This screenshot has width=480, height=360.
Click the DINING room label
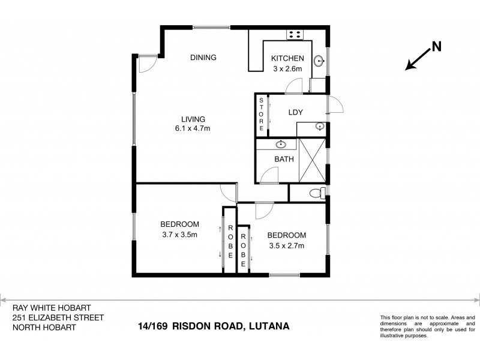click(x=203, y=58)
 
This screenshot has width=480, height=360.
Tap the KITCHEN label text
click(x=288, y=58)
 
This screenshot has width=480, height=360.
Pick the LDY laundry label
click(x=295, y=112)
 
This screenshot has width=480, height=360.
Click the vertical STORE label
click(x=262, y=114)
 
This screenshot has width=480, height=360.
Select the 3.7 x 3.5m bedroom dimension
click(x=179, y=235)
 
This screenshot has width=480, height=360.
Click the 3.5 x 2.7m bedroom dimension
click(x=286, y=245)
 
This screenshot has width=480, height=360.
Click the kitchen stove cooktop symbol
click(x=295, y=34)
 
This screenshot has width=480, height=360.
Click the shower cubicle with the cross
click(x=312, y=160)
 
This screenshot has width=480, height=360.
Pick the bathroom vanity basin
click(x=281, y=145)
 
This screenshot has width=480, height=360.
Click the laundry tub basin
click(x=319, y=127)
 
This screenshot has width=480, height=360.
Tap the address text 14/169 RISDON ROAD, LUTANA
click(x=214, y=326)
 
